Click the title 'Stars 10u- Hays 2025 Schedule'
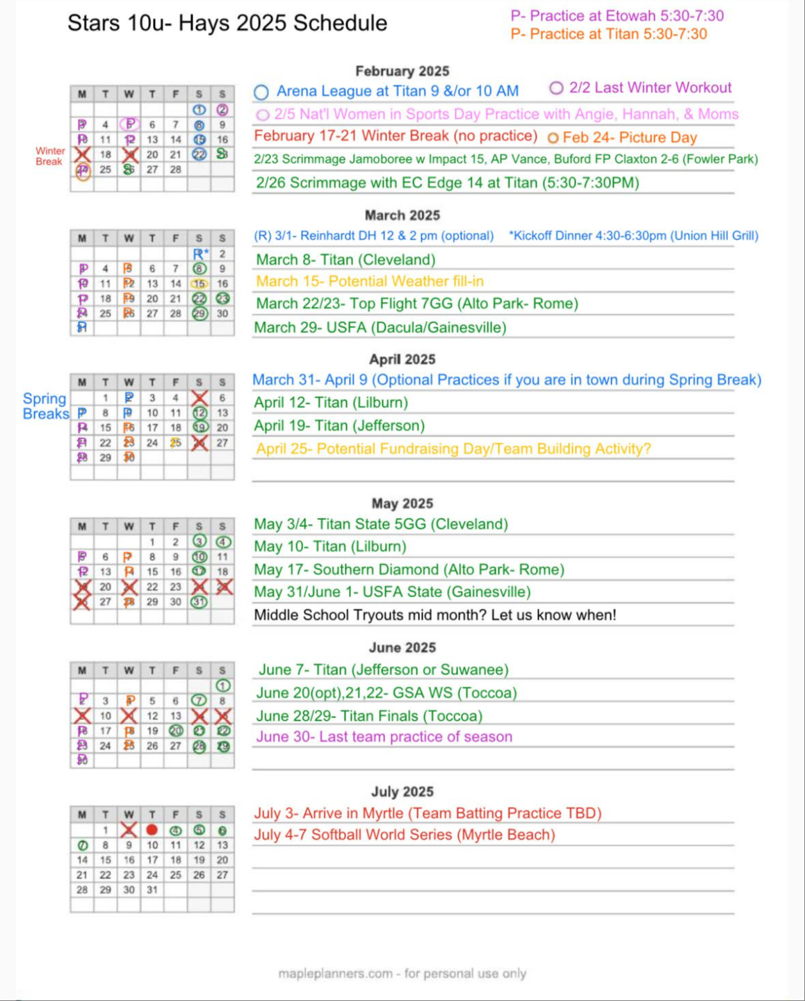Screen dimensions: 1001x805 (227, 23)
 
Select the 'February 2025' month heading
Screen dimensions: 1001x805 (402, 71)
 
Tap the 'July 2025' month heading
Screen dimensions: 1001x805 (402, 791)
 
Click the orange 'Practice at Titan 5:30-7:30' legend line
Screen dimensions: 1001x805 (608, 34)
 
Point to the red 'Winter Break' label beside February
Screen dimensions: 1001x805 (50, 156)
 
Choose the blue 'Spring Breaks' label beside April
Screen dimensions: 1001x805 (45, 406)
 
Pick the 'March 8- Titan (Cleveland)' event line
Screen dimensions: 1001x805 (345, 259)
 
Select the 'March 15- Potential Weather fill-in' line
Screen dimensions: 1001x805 (370, 282)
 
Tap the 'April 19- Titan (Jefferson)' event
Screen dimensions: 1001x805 (339, 425)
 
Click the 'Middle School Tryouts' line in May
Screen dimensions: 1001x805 (434, 615)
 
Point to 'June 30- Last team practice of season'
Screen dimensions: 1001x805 (384, 737)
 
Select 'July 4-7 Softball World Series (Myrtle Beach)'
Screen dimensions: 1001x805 (404, 835)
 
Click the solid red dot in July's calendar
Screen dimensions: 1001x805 (152, 829)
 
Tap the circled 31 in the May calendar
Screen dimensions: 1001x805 (199, 602)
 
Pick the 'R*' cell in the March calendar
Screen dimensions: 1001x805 (199, 254)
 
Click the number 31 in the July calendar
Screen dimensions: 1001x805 (152, 890)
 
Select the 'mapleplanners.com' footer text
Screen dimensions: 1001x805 (402, 973)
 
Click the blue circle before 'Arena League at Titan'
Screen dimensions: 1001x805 (261, 92)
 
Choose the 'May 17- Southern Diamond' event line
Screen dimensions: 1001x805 (409, 569)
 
